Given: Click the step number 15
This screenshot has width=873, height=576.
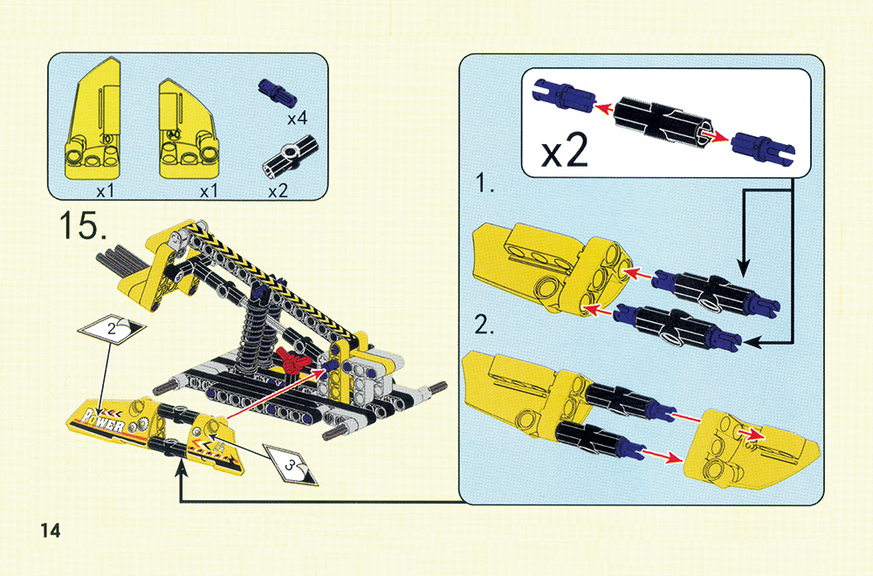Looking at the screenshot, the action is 84,224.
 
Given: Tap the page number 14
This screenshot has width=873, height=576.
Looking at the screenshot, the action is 50,531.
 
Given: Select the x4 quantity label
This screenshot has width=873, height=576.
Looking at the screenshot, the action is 298,118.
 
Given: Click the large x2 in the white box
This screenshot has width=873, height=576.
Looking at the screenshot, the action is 564,151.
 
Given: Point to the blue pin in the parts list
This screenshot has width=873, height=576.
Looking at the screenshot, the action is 278,93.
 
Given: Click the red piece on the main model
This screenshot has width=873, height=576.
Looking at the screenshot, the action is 292,360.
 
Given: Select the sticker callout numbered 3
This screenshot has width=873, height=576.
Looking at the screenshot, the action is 290,463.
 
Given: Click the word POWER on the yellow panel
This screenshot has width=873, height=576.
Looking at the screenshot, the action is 103,422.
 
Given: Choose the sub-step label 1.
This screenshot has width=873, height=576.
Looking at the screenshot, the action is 485,183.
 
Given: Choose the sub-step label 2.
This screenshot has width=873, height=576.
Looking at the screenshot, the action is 485,325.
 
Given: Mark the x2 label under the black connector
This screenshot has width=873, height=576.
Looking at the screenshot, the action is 278,191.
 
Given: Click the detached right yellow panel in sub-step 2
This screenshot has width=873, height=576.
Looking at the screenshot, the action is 749,448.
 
